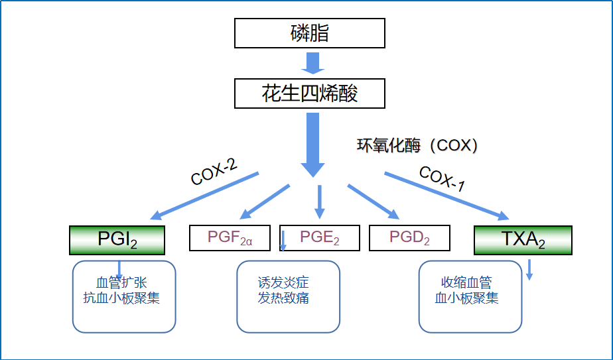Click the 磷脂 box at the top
pyautogui.click(x=310, y=33)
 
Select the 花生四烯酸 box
pyautogui.click(x=310, y=93)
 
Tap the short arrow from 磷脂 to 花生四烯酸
pyautogui.click(x=312, y=64)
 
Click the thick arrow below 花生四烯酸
pyautogui.click(x=312, y=145)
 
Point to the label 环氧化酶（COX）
pyautogui.click(x=417, y=145)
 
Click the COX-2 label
pyautogui.click(x=214, y=172)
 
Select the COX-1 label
pyautogui.click(x=442, y=178)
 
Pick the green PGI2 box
pyautogui.click(x=117, y=240)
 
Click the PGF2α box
pyautogui.click(x=230, y=237)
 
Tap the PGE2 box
pyautogui.click(x=319, y=237)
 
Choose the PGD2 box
pyautogui.click(x=409, y=237)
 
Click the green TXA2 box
pyautogui.click(x=523, y=240)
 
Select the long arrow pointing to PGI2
pyautogui.click(x=204, y=196)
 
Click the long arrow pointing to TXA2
pyautogui.click(x=447, y=196)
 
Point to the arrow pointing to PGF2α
pyautogui.click(x=265, y=202)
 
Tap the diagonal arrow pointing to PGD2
pyautogui.click(x=374, y=202)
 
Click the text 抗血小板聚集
pyautogui.click(x=121, y=298)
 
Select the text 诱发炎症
pyautogui.click(x=283, y=282)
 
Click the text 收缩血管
pyautogui.click(x=466, y=282)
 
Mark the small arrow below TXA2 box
pyautogui.click(x=529, y=270)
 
